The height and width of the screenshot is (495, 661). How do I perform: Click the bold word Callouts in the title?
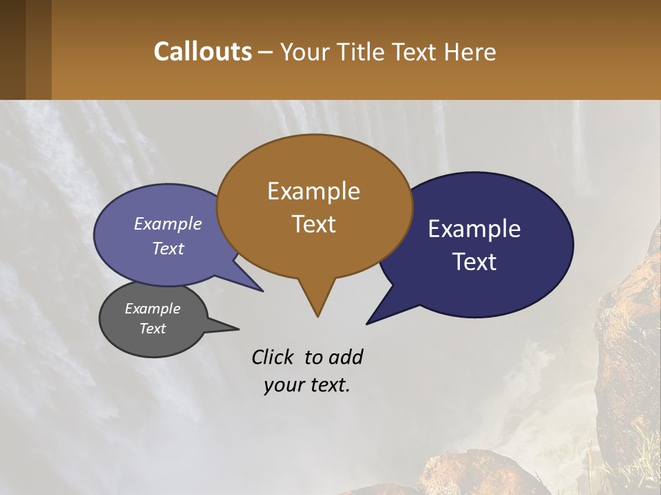[x=202, y=52]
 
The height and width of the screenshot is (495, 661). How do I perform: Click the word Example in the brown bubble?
[x=313, y=191]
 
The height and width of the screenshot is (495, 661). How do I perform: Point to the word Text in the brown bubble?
[x=313, y=224]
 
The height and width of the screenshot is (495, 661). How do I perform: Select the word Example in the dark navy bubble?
[x=474, y=229]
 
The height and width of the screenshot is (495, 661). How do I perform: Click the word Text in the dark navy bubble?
[x=474, y=262]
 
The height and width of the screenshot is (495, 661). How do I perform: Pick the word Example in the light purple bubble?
[x=168, y=223]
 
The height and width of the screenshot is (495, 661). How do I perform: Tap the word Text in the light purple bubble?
[x=168, y=249]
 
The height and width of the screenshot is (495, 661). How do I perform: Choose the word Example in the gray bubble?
[x=152, y=309]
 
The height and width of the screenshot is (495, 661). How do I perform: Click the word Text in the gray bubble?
[x=152, y=329]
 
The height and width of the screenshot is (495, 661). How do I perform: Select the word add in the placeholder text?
[x=346, y=357]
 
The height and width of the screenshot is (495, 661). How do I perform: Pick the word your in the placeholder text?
[x=282, y=386]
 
